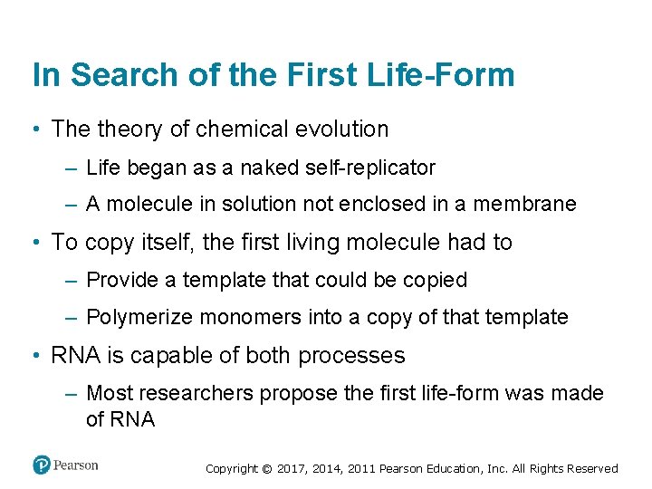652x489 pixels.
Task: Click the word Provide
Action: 122,281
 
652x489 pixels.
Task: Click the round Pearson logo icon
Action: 42,465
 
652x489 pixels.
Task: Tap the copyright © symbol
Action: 266,469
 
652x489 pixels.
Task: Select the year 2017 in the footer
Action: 292,469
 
